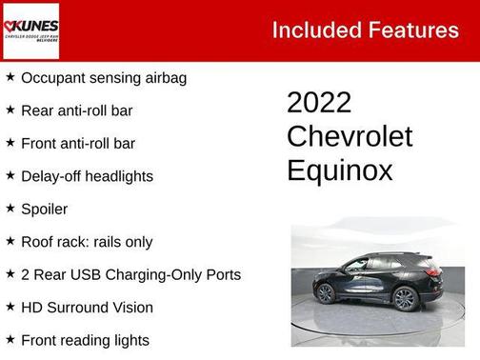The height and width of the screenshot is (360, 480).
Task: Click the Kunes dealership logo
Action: click(30, 30)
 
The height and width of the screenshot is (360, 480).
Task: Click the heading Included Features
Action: click(365, 30)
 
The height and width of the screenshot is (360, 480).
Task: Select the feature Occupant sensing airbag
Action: click(104, 77)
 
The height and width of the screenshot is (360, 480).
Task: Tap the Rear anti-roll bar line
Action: click(77, 110)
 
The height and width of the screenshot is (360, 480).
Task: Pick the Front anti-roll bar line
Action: click(78, 143)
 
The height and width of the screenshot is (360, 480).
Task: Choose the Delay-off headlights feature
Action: click(87, 176)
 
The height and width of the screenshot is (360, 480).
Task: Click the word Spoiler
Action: click(45, 209)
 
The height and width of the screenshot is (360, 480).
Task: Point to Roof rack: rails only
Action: click(87, 242)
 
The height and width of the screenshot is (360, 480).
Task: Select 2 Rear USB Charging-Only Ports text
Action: click(130, 274)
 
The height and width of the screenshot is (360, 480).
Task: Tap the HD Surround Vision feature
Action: click(88, 308)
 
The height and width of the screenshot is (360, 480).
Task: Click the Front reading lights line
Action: click(86, 340)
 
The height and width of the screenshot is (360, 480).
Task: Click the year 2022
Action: click(319, 103)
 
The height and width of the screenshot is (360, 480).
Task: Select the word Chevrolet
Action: click(350, 136)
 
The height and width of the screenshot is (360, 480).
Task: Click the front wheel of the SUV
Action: click(326, 293)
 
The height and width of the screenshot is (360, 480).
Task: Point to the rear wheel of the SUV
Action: click(405, 298)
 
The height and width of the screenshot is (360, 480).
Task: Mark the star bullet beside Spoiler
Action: click(10, 208)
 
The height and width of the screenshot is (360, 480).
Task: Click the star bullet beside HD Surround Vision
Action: click(10, 307)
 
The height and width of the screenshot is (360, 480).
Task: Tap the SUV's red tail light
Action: click(434, 270)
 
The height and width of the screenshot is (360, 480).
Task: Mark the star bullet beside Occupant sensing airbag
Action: click(10, 76)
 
